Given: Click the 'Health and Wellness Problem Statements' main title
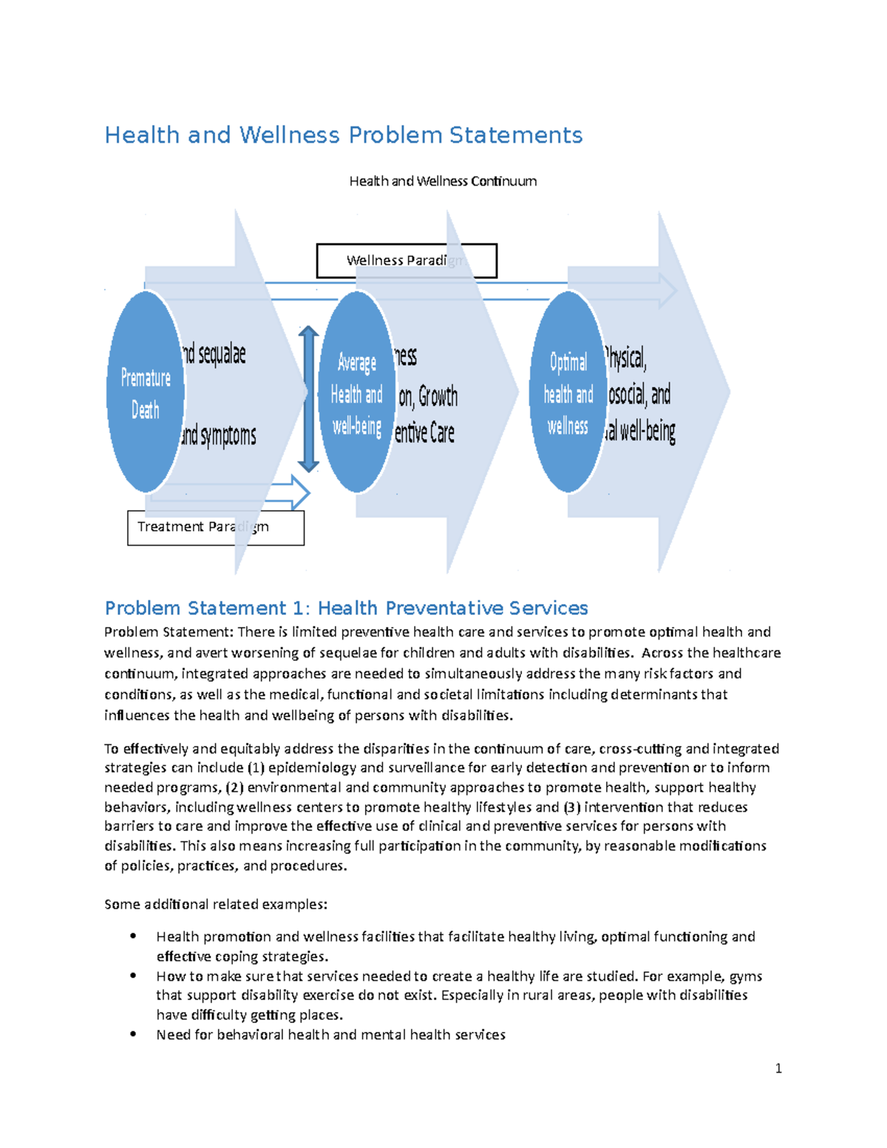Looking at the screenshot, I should click(x=343, y=135).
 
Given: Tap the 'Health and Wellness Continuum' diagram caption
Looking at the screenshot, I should click(x=443, y=181).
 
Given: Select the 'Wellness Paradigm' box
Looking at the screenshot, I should click(x=406, y=260).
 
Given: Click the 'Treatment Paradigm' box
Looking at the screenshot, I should click(x=215, y=528).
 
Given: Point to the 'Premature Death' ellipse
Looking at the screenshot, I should click(x=146, y=392).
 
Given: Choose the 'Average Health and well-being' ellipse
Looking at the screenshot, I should click(x=356, y=392).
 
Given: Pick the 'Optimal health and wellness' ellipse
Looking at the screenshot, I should click(x=568, y=392).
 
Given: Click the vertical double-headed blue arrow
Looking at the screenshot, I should click(x=308, y=399).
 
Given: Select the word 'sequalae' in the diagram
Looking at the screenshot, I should click(x=222, y=354).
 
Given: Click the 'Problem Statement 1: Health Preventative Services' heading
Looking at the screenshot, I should click(x=346, y=608).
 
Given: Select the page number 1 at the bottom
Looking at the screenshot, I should click(x=778, y=1068).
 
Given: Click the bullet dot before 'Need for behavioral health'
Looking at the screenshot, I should click(x=133, y=1034).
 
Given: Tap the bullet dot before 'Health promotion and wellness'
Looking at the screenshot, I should click(x=133, y=936).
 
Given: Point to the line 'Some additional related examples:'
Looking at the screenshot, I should click(x=215, y=904).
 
